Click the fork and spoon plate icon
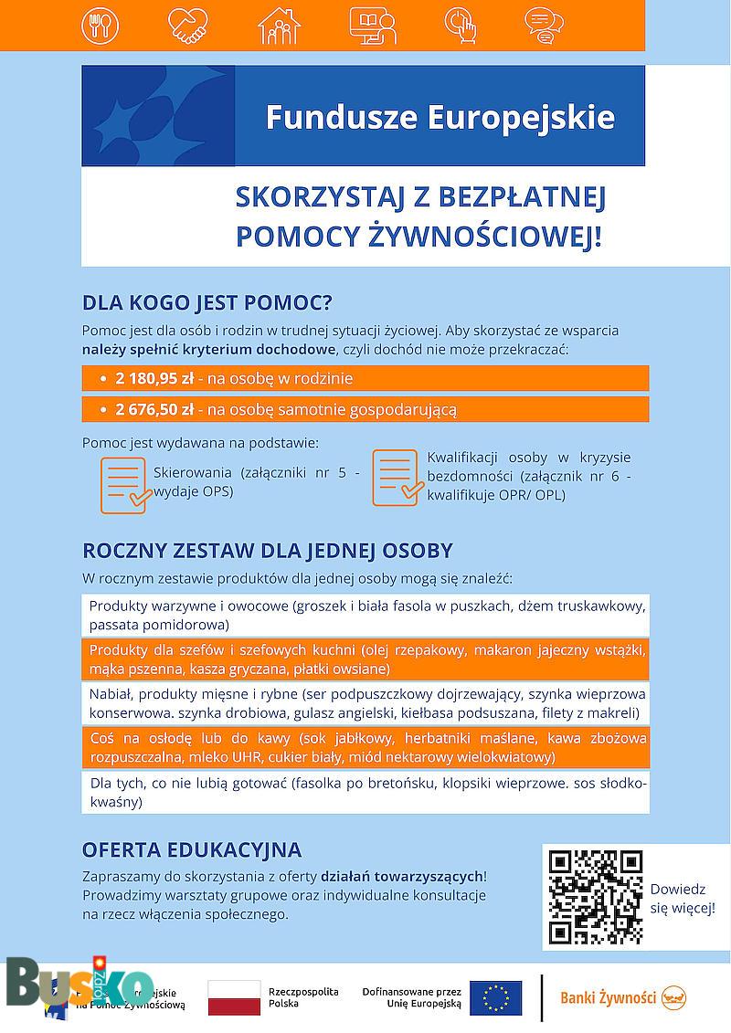pos(100,26)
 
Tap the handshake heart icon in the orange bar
pos(189,26)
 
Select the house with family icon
pos(279,26)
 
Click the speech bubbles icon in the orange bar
pos(544,26)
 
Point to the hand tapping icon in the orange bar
pos(461,26)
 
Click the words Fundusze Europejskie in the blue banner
pos(440,118)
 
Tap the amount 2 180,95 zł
pos(154,378)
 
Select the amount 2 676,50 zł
pos(154,409)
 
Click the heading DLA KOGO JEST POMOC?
pos(207,303)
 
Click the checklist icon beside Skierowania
pos(125,484)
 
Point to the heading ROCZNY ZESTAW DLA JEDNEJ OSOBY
pos(268,551)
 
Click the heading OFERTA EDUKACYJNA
pos(192,849)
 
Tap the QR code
pos(595,897)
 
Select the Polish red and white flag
pos(234,998)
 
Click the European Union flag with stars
pos(496,998)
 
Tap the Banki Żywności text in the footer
pos(609,998)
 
